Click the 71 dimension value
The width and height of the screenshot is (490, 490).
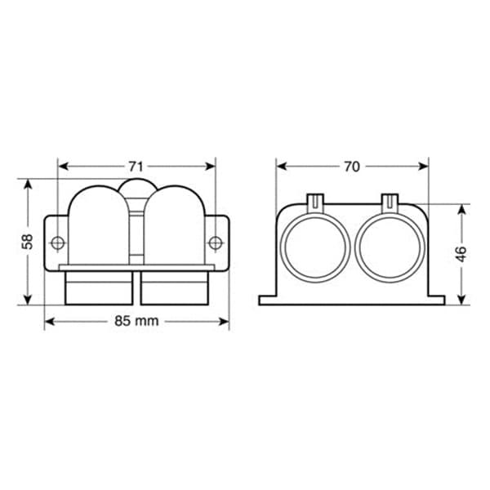point(136,167)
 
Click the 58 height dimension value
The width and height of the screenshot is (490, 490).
point(28,241)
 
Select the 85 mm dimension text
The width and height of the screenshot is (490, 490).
point(136,321)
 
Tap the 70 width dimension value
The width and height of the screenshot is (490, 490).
point(352,167)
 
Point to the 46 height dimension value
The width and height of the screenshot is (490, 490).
point(461,254)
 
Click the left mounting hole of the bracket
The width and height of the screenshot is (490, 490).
point(58,243)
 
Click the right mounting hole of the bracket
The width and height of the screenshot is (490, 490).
point(216,243)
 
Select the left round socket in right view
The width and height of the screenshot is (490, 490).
point(315,247)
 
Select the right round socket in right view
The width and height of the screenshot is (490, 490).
point(390,247)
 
